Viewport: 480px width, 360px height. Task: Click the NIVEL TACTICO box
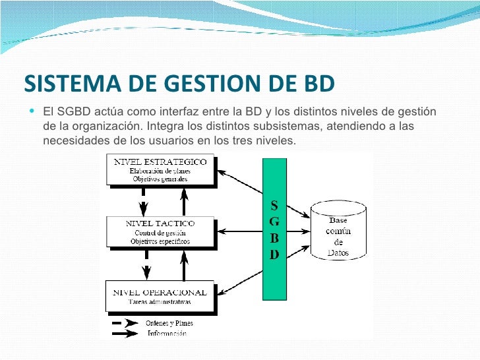tap(161, 232)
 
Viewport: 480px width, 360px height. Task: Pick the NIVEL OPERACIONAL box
tap(160, 296)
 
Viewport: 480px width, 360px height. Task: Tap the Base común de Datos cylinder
tap(338, 231)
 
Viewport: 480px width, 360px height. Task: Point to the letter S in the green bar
tap(274, 204)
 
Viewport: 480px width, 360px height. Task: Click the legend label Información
tap(165, 334)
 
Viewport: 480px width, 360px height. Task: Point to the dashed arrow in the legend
tap(125, 323)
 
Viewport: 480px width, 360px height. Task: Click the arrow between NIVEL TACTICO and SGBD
tap(241, 231)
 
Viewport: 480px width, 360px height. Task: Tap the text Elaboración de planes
tap(160, 171)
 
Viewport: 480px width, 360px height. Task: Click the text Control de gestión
tap(160, 233)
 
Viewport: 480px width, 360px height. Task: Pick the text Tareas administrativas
tap(160, 302)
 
